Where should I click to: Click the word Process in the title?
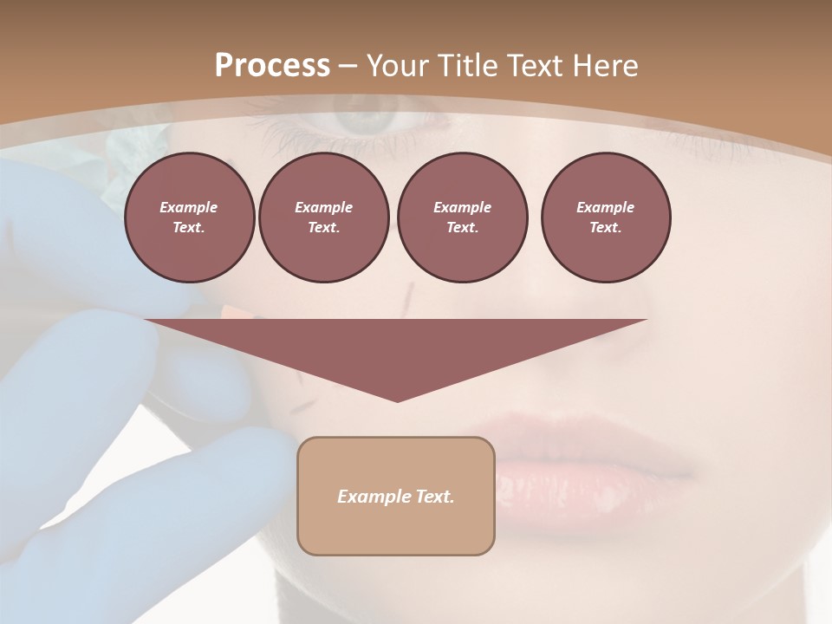(272, 66)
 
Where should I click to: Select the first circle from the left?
(189, 218)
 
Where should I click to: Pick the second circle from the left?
(323, 218)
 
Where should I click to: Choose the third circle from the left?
(462, 218)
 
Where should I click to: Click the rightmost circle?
(605, 218)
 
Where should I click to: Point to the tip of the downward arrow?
(397, 400)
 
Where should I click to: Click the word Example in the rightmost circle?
(605, 207)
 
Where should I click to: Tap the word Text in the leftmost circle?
(188, 228)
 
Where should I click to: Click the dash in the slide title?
(348, 66)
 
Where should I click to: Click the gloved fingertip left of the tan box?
(260, 459)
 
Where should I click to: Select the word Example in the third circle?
(462, 207)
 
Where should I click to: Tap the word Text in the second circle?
(322, 228)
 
